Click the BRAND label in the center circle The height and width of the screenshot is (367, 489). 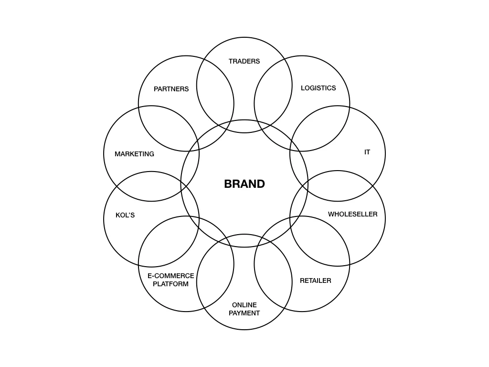(x=244, y=184)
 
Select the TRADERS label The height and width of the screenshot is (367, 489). (x=244, y=61)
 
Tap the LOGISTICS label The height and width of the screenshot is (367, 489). (x=318, y=88)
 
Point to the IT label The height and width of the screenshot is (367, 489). (x=367, y=152)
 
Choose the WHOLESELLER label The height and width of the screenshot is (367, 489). (x=352, y=214)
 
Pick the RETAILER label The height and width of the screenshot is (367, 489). (x=315, y=281)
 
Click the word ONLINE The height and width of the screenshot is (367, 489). (x=244, y=305)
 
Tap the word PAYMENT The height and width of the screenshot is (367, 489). (x=244, y=313)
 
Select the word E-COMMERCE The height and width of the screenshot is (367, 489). (x=170, y=276)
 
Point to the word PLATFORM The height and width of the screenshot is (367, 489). (x=170, y=284)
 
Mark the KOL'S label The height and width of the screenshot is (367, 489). (x=125, y=215)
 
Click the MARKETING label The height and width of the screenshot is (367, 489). (x=134, y=154)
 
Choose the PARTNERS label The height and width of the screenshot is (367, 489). (x=171, y=89)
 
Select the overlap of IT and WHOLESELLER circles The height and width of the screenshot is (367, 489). (x=337, y=186)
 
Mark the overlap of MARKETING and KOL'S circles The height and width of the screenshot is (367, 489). (x=151, y=186)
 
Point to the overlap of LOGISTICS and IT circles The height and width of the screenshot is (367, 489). (x=320, y=128)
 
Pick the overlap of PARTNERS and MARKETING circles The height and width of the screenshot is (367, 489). (x=168, y=128)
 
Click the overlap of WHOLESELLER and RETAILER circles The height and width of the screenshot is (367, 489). (x=320, y=242)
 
